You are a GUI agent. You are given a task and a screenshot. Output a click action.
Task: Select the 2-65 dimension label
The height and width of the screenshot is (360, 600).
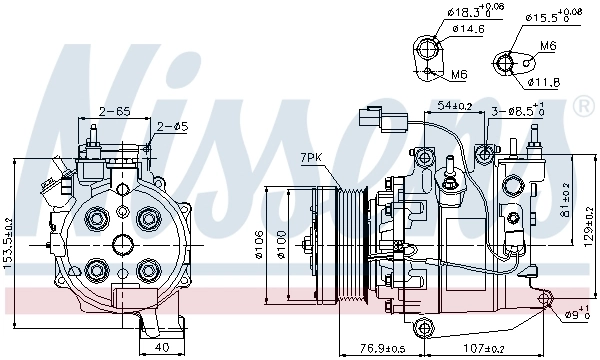click(x=111, y=111)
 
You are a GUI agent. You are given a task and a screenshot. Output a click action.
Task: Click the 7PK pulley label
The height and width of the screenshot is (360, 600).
click(x=311, y=158)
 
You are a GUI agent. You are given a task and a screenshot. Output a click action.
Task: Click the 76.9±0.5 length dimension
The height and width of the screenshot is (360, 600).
click(x=356, y=349)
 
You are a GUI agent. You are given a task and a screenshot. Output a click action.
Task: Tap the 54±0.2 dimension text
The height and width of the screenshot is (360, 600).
click(x=454, y=106)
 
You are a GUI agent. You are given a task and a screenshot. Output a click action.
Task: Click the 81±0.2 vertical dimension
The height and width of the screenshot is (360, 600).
click(x=566, y=197)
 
